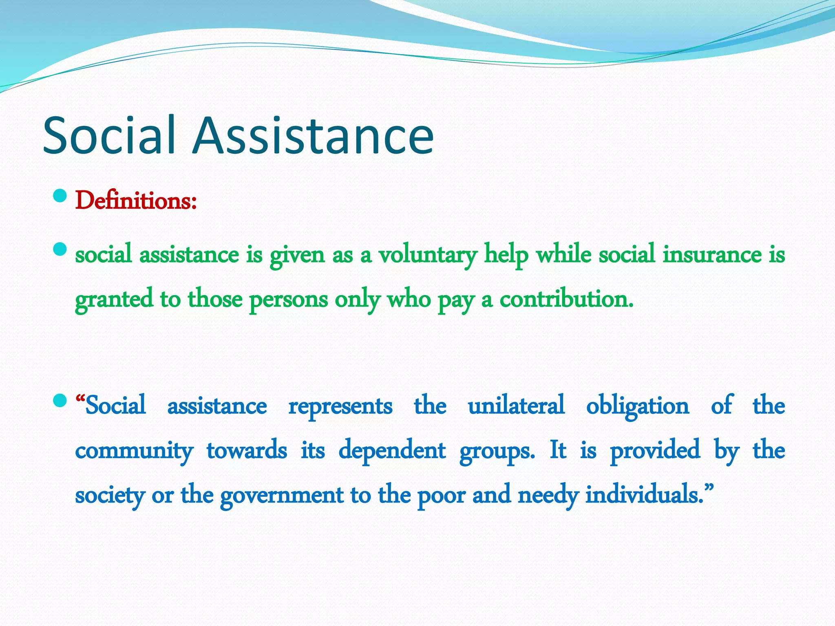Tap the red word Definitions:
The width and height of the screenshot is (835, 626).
point(136,201)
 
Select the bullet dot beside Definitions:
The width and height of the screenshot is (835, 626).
point(60,196)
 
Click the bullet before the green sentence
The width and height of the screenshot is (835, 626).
point(60,249)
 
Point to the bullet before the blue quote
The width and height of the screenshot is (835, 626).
point(60,400)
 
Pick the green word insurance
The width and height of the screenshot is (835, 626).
point(712,254)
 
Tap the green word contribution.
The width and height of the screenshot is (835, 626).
point(566,299)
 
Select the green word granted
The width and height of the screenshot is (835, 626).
point(114,300)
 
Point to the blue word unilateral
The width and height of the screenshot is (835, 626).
point(516,406)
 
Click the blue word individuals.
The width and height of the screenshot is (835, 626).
point(645,495)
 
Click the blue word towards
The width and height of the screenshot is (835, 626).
point(247,451)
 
